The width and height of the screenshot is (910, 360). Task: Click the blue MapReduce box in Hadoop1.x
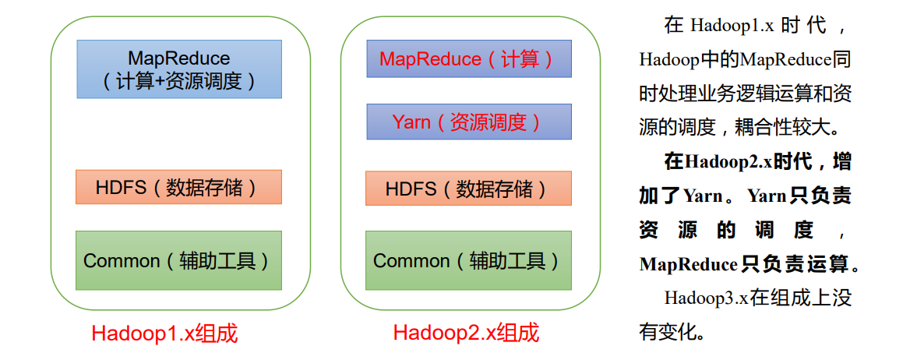tap(179, 69)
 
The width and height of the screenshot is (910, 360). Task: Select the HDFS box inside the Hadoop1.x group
tap(178, 187)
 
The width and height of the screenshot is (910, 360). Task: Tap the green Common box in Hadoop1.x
tap(178, 260)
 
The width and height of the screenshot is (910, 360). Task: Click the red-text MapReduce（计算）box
tap(468, 59)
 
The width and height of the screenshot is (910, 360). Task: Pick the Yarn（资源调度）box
tap(468, 122)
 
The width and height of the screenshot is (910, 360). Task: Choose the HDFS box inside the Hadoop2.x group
tap(468, 189)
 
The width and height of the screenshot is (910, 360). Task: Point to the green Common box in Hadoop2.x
tap(468, 260)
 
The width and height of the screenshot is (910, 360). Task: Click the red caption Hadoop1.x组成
tap(164, 334)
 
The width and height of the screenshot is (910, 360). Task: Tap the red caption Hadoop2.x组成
tap(466, 334)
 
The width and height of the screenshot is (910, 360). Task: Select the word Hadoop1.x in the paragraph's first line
tap(732, 25)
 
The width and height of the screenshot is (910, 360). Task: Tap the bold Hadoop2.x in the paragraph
tap(728, 162)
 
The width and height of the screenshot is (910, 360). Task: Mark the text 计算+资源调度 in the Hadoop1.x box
tap(179, 82)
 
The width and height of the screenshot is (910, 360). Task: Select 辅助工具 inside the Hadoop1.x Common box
tap(221, 260)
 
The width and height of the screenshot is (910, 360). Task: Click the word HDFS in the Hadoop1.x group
tap(117, 187)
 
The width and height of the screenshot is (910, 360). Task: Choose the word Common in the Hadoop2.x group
tap(411, 260)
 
